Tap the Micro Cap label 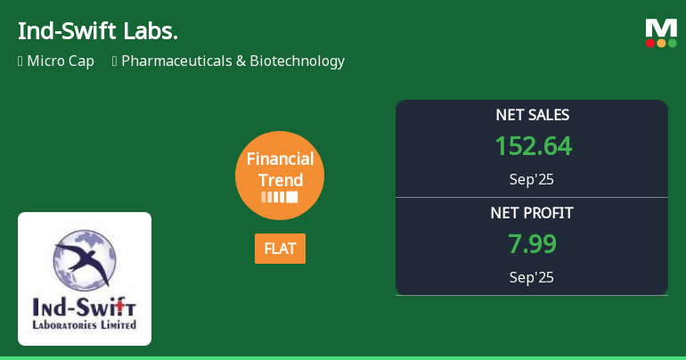click(x=61, y=61)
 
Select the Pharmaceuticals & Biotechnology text click(x=233, y=61)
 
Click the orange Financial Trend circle click(x=280, y=176)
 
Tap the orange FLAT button click(x=280, y=249)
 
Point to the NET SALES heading click(x=532, y=115)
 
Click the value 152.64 click(x=533, y=146)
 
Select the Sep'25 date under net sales click(x=532, y=179)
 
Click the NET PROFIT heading click(x=532, y=213)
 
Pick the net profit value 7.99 click(x=532, y=244)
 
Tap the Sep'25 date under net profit click(x=532, y=277)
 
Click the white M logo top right click(x=661, y=28)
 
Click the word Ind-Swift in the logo click(x=85, y=308)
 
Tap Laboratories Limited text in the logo click(x=85, y=325)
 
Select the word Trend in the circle click(x=280, y=180)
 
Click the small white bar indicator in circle click(x=280, y=197)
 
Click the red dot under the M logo click(x=650, y=43)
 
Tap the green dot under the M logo click(x=672, y=43)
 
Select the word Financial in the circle click(x=280, y=160)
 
